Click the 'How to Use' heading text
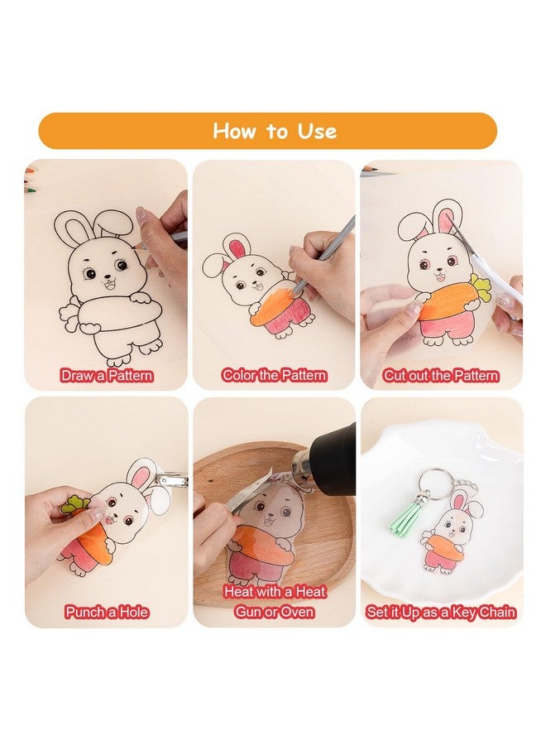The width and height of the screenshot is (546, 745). point(274,131)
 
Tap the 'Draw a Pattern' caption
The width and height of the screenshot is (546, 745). point(107,375)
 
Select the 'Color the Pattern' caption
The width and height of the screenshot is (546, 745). point(275,375)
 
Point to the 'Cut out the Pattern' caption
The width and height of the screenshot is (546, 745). point(441,375)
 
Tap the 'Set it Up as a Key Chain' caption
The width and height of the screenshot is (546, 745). point(441,613)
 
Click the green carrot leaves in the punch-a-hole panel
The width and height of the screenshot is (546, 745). point(77,503)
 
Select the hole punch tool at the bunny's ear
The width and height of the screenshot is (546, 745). point(170,480)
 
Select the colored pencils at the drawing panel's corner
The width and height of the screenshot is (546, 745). point(34,173)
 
